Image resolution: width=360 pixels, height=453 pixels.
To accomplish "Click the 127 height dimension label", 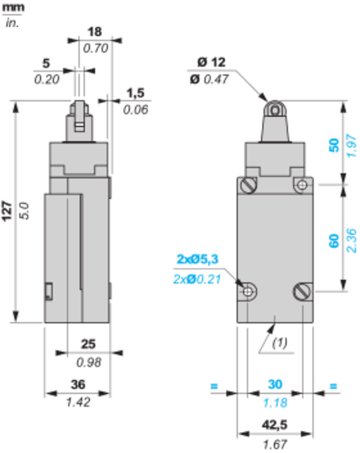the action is coord(7,211).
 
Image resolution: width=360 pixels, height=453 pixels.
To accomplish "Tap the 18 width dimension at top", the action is coord(95,32).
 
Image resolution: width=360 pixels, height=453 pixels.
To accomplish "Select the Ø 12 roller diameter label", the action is coord(211,62).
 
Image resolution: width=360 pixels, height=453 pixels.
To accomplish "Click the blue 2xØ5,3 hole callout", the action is coord(197,259).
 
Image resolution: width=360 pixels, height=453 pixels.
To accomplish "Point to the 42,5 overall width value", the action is coord(274,425).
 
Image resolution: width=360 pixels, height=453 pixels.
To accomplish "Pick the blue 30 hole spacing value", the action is coord(275,384).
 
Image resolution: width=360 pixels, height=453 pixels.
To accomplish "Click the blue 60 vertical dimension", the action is coord(334,241).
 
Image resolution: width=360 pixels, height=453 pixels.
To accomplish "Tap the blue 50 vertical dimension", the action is coord(334,146).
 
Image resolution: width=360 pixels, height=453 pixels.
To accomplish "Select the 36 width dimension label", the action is coord(78,384).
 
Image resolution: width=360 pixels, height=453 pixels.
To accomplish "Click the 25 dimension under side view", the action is coord(88,344).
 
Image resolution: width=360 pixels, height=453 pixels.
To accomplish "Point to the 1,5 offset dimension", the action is coord(135,93).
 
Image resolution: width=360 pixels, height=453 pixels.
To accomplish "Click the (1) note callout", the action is coord(279,343).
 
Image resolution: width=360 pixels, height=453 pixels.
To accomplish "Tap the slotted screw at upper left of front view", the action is coord(248,185).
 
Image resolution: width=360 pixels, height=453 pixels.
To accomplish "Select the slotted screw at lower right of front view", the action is coord(302,291).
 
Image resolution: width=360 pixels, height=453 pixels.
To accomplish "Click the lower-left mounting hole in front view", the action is coord(248,292).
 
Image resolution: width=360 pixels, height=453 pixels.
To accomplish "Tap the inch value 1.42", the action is coord(78,402).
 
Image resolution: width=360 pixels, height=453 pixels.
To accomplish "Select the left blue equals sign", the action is coord(214,386).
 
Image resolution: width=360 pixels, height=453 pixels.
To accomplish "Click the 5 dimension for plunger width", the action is coord(46,63).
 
